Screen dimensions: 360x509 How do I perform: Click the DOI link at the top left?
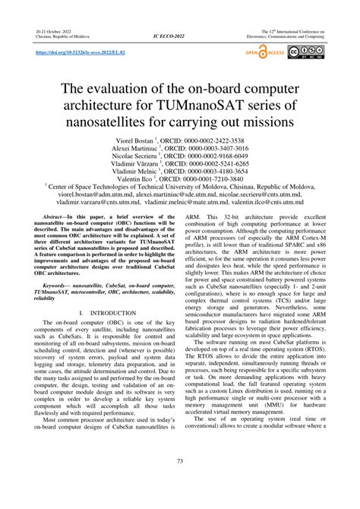click(82, 54)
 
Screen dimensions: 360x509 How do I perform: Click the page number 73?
click(179, 482)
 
